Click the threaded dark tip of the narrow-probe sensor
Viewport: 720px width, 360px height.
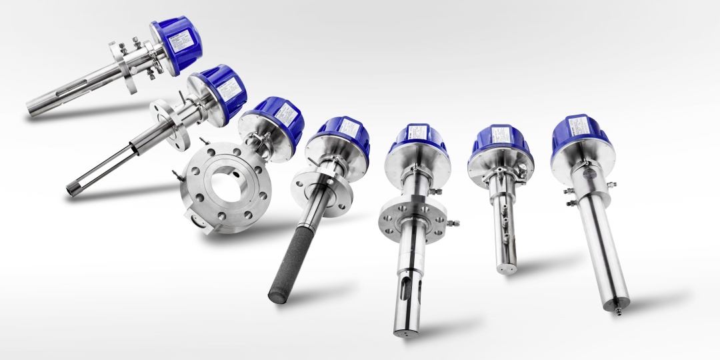(71, 189)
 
